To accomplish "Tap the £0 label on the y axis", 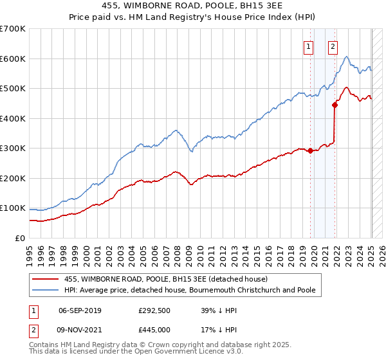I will [21, 239].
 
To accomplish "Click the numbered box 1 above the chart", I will [309, 46].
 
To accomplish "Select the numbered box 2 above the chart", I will [333, 46].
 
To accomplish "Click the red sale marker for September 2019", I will [311, 151].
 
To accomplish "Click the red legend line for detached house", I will [46, 279].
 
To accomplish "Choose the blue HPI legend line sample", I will [46, 290].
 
